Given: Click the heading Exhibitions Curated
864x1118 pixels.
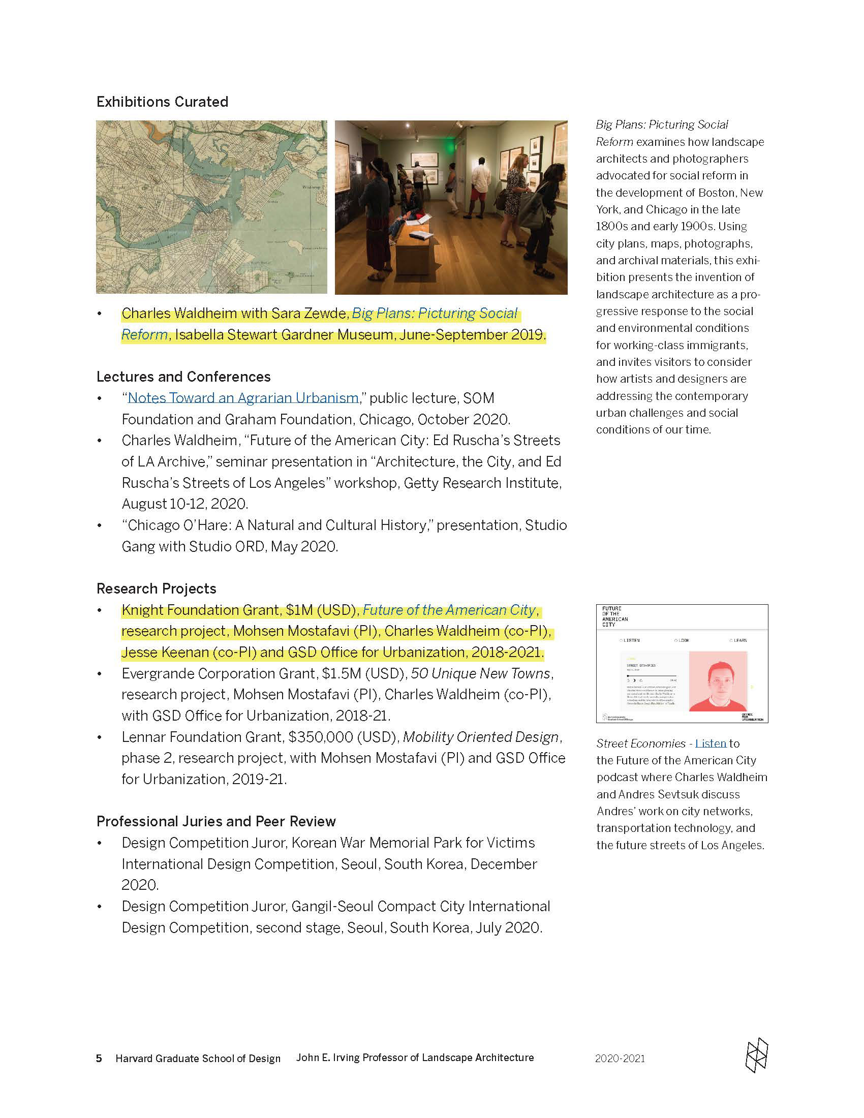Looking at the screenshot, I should (162, 102).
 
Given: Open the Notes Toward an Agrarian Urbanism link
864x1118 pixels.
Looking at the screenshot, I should (243, 398).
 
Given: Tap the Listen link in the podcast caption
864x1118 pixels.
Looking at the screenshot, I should (711, 743).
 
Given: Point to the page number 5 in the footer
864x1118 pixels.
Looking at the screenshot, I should (99, 1058).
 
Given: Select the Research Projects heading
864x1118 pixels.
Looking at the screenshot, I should (156, 588).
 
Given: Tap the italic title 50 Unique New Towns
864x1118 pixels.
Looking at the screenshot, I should (481, 673).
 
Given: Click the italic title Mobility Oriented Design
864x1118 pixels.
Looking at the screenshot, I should (481, 737).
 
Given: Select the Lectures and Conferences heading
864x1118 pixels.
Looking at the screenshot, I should (183, 377).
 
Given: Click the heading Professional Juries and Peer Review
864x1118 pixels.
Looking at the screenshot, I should (216, 821).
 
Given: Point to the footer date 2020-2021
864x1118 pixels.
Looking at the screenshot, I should (620, 1058).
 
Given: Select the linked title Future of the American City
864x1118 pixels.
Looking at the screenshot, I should (449, 610).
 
